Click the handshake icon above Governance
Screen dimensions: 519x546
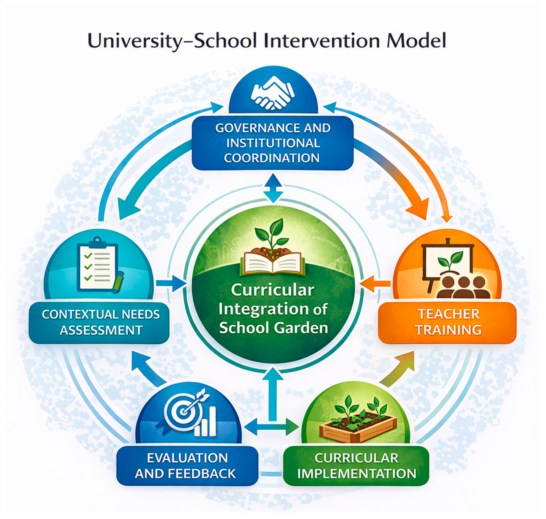(273, 93)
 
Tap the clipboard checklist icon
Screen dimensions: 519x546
(97, 264)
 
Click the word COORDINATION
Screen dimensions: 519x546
(272, 158)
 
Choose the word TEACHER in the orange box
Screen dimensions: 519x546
(449, 314)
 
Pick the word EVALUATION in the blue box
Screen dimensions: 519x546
(187, 458)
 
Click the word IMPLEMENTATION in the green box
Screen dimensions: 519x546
(357, 473)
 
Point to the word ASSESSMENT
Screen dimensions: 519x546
(101, 330)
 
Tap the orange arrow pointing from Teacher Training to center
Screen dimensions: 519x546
(375, 283)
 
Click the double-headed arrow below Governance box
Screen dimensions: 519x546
(273, 188)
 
